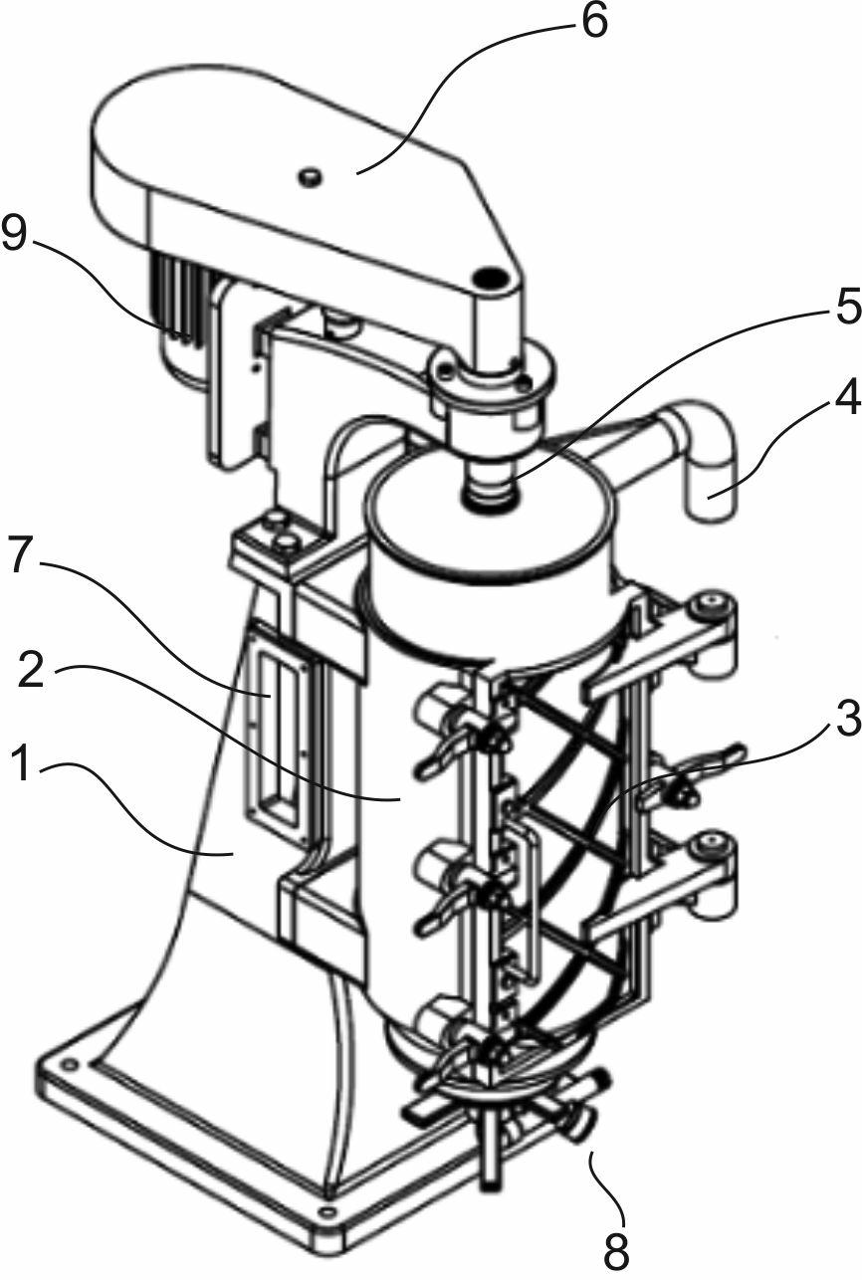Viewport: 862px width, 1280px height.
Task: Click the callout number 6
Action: pyautogui.click(x=593, y=21)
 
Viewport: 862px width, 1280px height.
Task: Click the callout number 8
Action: pyautogui.click(x=617, y=1246)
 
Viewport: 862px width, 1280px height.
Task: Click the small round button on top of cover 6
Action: pyautogui.click(x=311, y=175)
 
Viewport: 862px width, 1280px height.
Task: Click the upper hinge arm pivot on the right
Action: pyautogui.click(x=714, y=604)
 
